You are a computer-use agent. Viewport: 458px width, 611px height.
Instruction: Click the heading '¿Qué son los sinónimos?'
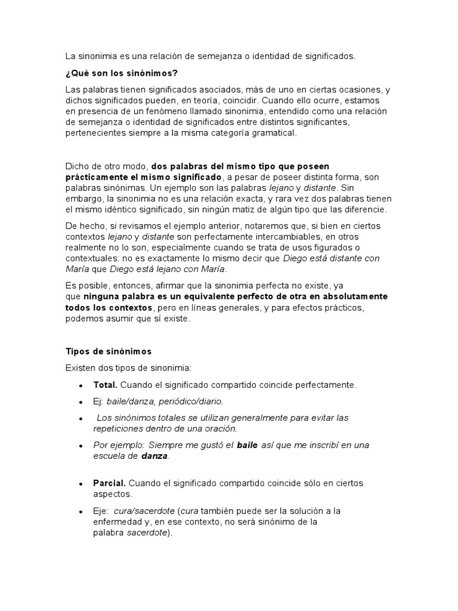[121, 73]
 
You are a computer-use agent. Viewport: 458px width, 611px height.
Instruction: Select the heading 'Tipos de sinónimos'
[109, 351]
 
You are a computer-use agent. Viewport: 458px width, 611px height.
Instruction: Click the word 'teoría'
[212, 101]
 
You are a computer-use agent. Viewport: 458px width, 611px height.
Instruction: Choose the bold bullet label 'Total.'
[106, 385]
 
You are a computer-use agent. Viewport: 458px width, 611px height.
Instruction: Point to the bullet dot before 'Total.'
[81, 385]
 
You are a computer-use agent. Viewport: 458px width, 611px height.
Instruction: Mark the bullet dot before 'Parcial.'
[81, 483]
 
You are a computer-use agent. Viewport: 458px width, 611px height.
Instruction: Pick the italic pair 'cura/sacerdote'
[143, 511]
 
